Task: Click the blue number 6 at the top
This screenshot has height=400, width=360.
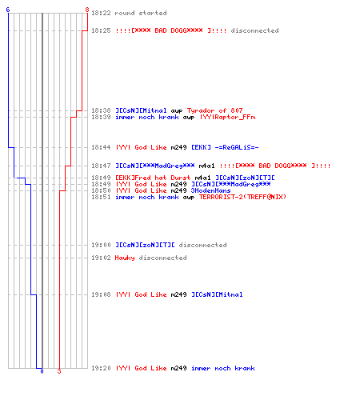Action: click(8, 10)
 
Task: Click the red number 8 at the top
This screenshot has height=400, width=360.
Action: click(87, 10)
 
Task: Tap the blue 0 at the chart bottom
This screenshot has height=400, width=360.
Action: click(42, 371)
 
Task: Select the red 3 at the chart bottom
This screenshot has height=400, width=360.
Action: click(59, 371)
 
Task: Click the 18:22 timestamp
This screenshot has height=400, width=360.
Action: click(101, 13)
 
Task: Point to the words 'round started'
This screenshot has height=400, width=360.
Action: click(141, 13)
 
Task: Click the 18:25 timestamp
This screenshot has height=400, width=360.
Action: click(101, 30)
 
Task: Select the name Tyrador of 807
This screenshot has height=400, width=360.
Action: click(215, 110)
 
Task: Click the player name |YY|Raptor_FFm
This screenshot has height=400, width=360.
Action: click(228, 118)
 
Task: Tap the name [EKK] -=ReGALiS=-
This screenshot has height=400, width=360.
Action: click(225, 147)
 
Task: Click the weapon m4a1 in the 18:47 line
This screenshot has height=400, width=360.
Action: click(206, 166)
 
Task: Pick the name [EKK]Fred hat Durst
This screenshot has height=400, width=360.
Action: click(153, 178)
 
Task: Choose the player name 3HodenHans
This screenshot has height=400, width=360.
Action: click(210, 190)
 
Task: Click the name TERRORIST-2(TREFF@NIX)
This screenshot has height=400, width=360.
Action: click(242, 197)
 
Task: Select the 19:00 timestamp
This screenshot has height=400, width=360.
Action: click(101, 245)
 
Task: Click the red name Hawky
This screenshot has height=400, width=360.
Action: click(125, 258)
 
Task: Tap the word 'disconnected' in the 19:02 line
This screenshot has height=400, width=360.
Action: click(162, 258)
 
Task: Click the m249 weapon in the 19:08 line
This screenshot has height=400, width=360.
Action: click(178, 294)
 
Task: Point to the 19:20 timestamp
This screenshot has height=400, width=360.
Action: click(101, 368)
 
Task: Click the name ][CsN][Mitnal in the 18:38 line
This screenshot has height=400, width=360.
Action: click(141, 110)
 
